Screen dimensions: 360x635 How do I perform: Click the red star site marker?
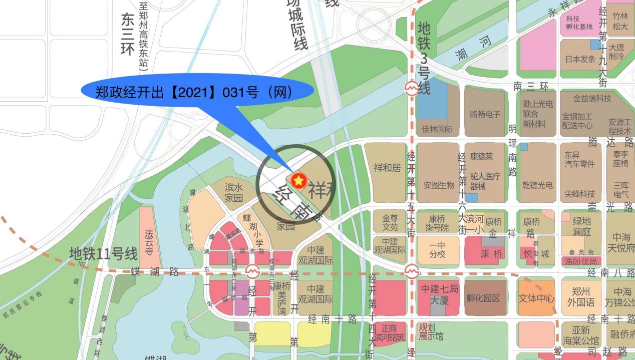298,180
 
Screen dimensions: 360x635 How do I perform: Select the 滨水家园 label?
234,193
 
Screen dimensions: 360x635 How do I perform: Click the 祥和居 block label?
387,167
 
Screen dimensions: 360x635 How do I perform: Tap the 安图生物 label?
438,185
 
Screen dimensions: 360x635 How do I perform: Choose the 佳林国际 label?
437,129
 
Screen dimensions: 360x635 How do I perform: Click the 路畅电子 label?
485,114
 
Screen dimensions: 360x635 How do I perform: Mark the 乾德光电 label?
537,185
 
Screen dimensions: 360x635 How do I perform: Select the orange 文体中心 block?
536,298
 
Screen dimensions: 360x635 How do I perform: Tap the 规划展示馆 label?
431,331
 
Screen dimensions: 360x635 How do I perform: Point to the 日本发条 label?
580,59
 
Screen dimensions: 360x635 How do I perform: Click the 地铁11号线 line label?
103,253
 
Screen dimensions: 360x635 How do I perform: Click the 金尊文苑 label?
390,223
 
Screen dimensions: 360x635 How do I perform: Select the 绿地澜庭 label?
582,225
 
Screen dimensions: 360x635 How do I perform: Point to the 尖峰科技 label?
580,194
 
